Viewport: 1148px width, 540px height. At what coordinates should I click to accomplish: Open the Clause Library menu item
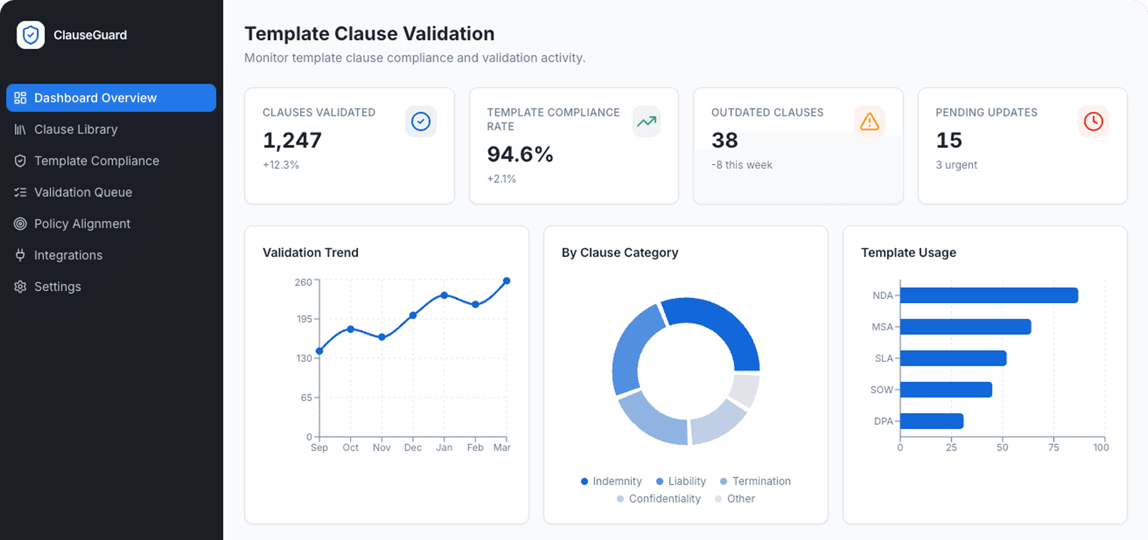coord(75,129)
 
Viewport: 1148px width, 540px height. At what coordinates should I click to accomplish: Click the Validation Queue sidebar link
coord(83,192)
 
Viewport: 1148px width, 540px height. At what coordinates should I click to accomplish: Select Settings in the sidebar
coord(57,287)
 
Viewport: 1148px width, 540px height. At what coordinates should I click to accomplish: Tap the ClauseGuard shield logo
coord(30,35)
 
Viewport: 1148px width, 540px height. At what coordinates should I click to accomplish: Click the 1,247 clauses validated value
coord(292,141)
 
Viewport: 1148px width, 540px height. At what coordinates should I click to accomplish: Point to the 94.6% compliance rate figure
coord(520,154)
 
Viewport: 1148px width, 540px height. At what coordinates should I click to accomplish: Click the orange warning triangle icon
coord(869,121)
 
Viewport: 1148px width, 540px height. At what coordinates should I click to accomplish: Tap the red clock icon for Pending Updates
coord(1093,121)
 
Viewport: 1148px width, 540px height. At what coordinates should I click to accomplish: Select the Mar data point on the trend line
coord(507,281)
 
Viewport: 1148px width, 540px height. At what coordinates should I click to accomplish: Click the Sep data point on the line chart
coord(319,351)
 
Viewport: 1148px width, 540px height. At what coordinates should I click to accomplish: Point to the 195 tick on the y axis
coord(304,319)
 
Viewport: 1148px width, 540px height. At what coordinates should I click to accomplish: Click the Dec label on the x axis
coord(413,448)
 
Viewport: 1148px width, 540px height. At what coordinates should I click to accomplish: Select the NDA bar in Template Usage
coord(989,295)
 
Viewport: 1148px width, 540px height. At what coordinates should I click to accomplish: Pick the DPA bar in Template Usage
coord(931,421)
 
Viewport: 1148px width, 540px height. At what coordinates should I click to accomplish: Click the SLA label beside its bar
coord(884,358)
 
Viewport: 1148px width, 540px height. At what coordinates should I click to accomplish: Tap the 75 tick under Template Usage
coord(1054,448)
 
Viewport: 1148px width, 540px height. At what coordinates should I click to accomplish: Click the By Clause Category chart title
coord(620,253)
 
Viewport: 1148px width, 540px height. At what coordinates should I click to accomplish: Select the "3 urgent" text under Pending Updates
coord(956,165)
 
